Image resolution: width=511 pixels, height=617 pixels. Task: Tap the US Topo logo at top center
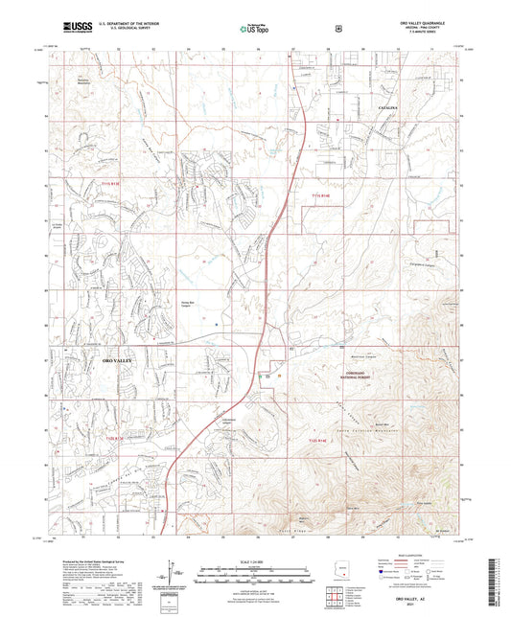tap(253, 28)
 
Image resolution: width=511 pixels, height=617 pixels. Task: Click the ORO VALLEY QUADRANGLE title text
tap(428, 22)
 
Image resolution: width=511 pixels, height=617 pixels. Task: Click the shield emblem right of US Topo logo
tap(337, 28)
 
